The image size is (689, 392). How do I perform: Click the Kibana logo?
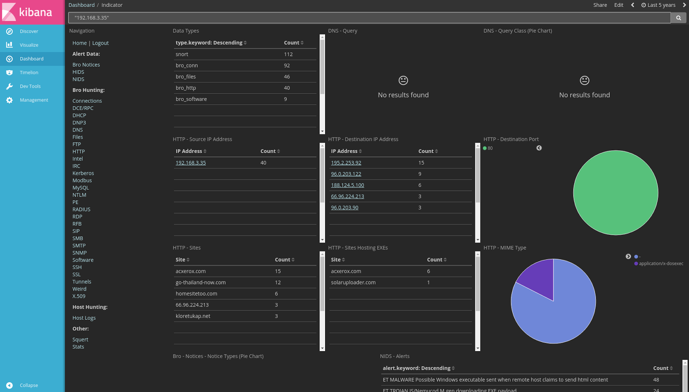click(x=32, y=12)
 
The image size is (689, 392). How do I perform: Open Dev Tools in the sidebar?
click(x=30, y=86)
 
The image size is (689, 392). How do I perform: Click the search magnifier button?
click(x=678, y=18)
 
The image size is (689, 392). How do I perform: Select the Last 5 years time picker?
click(x=658, y=5)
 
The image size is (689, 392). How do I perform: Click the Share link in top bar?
click(x=600, y=5)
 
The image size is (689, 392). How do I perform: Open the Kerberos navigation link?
click(x=83, y=173)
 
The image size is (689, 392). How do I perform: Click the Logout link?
click(x=100, y=43)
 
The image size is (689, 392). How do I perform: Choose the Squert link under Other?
click(x=80, y=340)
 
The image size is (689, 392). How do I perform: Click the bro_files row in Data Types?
click(x=186, y=77)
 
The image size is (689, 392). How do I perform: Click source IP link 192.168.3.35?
click(x=191, y=163)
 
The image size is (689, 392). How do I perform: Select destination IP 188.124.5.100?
click(x=348, y=185)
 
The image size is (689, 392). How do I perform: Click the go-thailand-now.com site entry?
click(x=201, y=282)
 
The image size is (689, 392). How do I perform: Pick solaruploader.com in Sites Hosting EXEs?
click(x=353, y=282)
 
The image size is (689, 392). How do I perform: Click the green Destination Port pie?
click(x=615, y=193)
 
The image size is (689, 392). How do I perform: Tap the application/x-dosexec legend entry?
click(x=661, y=263)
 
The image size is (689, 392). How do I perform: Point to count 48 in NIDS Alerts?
click(x=656, y=380)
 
